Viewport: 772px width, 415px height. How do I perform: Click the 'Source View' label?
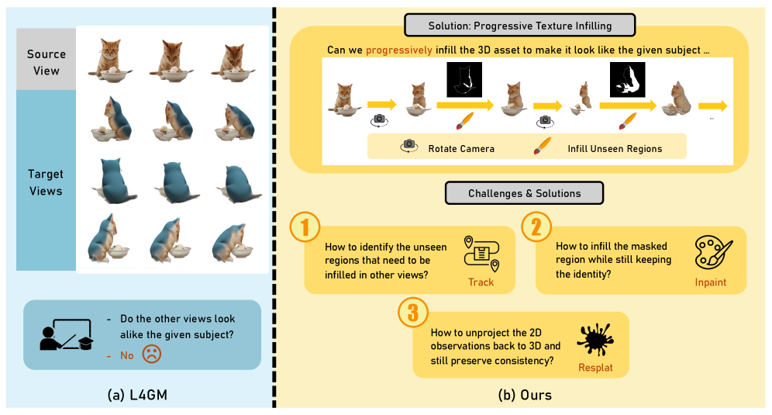pos(47,61)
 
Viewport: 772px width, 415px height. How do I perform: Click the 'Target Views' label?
pos(46,182)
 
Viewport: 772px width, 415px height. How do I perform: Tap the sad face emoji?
pos(151,355)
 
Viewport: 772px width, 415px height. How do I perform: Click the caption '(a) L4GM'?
pos(138,395)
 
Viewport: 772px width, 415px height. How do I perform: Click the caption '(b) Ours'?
pos(525,395)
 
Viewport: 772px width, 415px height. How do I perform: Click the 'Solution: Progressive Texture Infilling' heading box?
pos(519,26)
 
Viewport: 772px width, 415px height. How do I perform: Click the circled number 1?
pos(305,227)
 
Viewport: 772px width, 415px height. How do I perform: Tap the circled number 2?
pos(536,227)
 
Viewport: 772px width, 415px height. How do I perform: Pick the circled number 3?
pos(413,313)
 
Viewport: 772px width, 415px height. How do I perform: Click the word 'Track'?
pos(481,282)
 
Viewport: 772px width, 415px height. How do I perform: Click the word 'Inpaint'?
pos(711,282)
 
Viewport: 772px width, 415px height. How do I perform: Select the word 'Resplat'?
pos(595,367)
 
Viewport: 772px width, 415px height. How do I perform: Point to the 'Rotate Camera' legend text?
pos(460,148)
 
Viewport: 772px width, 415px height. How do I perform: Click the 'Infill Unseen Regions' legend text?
pos(615,148)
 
